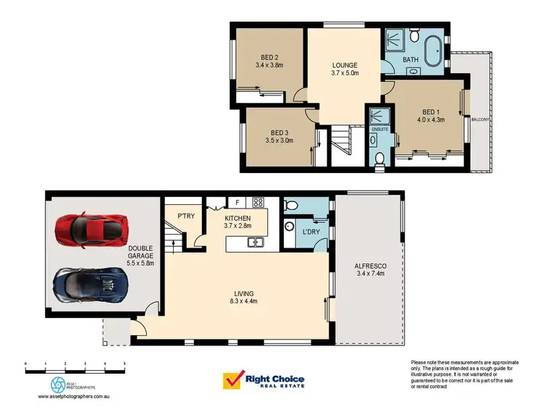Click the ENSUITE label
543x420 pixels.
pos(379,129)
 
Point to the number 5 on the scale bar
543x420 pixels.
pos(125,363)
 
